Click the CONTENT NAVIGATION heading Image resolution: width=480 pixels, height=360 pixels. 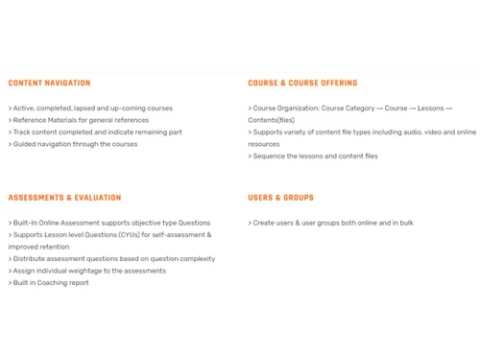click(49, 84)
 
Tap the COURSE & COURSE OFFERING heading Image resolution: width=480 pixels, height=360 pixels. click(302, 84)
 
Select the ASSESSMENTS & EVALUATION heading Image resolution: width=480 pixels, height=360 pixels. click(64, 198)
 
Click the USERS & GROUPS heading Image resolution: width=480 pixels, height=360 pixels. click(280, 198)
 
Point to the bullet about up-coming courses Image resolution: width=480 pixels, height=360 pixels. click(91, 108)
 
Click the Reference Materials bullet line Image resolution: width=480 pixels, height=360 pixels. click(79, 121)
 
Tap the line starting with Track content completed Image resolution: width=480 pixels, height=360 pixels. click(95, 132)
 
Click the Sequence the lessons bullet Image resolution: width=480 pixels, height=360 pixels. click(313, 156)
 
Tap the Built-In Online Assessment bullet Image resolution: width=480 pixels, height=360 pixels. click(109, 223)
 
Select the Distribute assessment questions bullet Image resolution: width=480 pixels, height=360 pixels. click(111, 258)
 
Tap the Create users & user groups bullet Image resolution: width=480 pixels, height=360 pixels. click(331, 223)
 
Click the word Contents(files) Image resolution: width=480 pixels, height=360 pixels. click(272, 121)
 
